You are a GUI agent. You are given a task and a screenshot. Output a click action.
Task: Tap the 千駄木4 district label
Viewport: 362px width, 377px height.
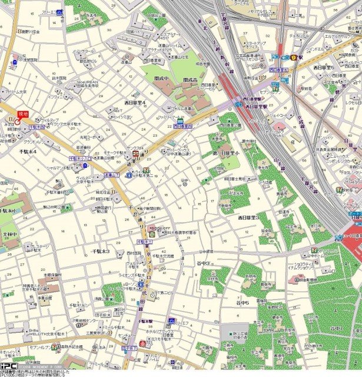[x=26, y=151]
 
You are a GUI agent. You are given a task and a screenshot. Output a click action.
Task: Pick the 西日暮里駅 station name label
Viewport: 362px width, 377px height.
[x=257, y=107]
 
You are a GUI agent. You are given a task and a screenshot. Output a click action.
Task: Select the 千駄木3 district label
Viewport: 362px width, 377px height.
[x=101, y=251]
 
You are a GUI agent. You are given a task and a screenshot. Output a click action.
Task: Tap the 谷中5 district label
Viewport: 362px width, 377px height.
[x=243, y=303]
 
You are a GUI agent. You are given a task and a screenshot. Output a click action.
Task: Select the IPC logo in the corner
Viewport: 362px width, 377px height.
[x=9, y=366]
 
